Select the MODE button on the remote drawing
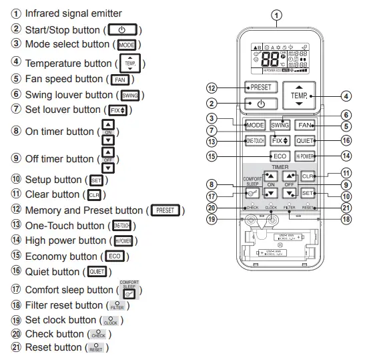click(255, 125)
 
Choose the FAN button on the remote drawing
click(304, 125)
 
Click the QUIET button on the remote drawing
click(304, 141)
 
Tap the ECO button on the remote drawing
click(280, 156)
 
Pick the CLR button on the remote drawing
click(307, 176)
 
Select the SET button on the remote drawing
click(307, 193)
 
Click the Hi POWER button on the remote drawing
click(304, 156)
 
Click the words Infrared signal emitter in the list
click(73, 13)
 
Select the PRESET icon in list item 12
click(165, 210)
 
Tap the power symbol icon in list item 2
click(121, 29)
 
